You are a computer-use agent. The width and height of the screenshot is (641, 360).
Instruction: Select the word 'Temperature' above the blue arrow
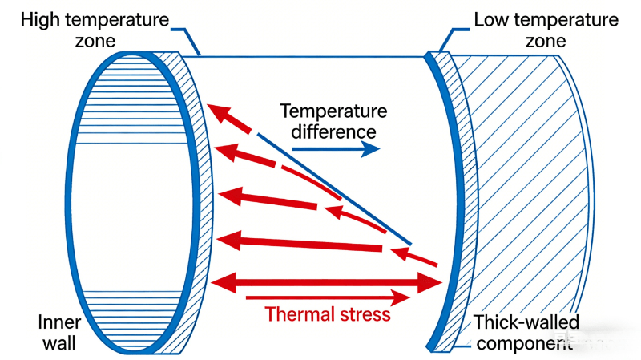pos(333,111)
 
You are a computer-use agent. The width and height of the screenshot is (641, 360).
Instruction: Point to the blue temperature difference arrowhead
pos(371,148)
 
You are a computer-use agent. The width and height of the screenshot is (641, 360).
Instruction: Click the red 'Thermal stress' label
pos(329,313)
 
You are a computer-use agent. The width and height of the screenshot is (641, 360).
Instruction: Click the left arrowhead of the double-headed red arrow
pos(218,281)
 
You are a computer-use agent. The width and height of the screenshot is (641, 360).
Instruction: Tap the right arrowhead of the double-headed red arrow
pos(433,281)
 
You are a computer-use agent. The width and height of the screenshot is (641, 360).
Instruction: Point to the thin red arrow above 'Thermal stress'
pos(337,297)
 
